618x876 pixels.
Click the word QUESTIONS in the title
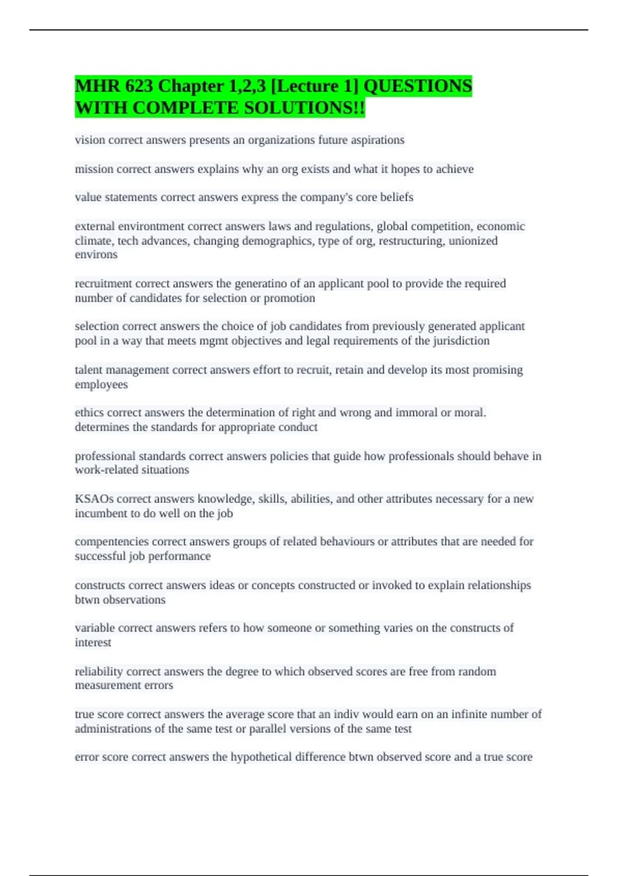pyautogui.click(x=418, y=86)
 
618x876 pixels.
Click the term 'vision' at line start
pyautogui.click(x=90, y=140)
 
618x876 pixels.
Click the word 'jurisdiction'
pyautogui.click(x=460, y=341)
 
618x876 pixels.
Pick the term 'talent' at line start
pyautogui.click(x=90, y=370)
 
